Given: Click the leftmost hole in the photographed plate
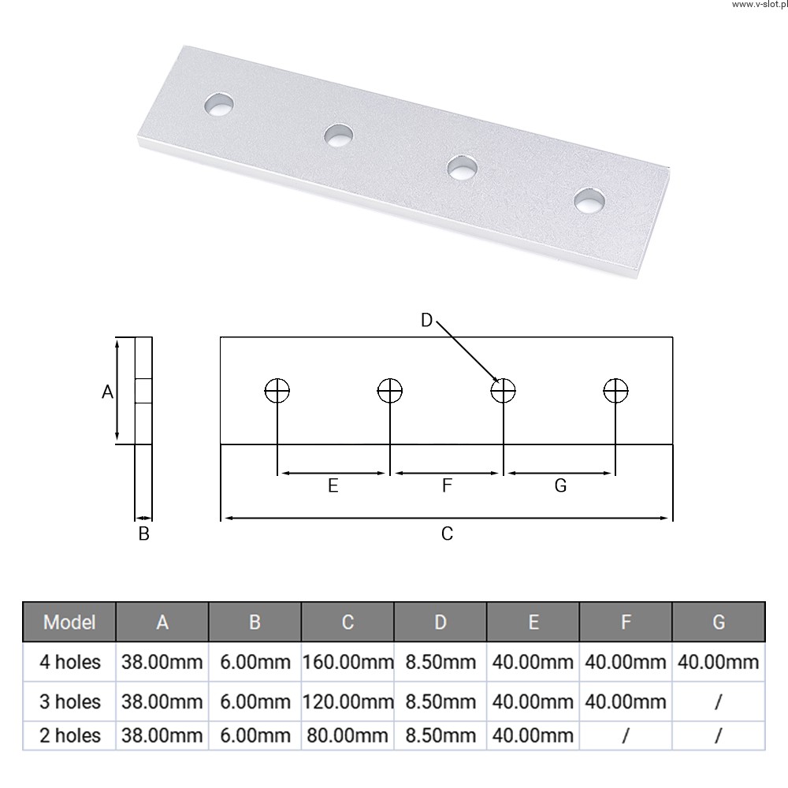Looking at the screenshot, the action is pyautogui.click(x=219, y=105).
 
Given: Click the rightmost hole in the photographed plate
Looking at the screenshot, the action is pyautogui.click(x=589, y=200).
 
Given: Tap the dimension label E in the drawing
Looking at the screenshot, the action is pyautogui.click(x=333, y=485).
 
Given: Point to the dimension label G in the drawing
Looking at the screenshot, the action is pyautogui.click(x=560, y=485).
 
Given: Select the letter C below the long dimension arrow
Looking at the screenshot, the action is pyautogui.click(x=447, y=533).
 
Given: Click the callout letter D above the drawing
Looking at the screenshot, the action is pyautogui.click(x=426, y=320).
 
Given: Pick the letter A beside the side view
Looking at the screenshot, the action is pyautogui.click(x=107, y=392).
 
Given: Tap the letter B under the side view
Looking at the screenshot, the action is pyautogui.click(x=143, y=533).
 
